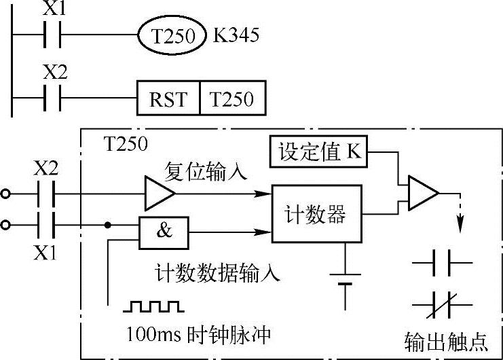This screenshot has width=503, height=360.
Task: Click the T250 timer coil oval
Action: [x=172, y=35]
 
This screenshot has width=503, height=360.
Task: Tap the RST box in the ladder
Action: [x=168, y=99]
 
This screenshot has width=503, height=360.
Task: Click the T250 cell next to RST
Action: [x=231, y=99]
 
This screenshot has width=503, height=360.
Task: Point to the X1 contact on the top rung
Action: [x=52, y=33]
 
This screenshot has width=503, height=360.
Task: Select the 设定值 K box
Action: [x=318, y=153]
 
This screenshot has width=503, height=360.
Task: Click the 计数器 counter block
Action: [x=315, y=215]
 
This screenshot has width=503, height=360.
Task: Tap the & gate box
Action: [x=164, y=231]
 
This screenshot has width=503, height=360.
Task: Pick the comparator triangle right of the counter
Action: [x=422, y=195]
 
